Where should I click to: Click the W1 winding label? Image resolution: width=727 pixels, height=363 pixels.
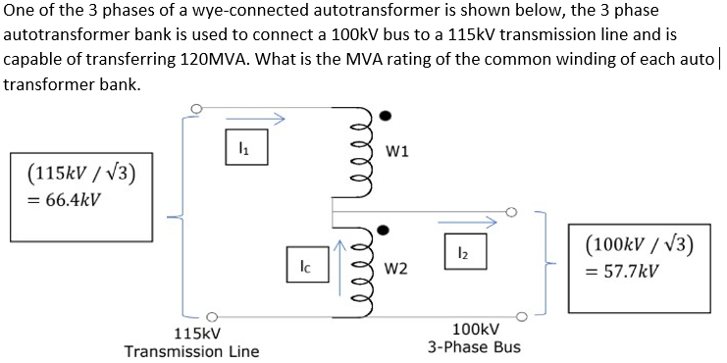(x=398, y=151)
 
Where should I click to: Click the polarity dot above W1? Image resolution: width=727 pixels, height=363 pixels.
(x=386, y=116)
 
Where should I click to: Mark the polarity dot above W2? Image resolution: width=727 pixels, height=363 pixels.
(x=386, y=233)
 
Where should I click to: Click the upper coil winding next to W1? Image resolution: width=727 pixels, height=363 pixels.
(x=361, y=150)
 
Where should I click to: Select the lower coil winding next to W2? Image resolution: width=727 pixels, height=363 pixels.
(x=361, y=267)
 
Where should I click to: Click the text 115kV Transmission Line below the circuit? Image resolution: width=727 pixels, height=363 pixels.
(x=192, y=342)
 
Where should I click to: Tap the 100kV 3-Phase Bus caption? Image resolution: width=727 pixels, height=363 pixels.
(x=474, y=338)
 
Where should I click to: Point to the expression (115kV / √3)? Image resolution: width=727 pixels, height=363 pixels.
(x=74, y=176)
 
